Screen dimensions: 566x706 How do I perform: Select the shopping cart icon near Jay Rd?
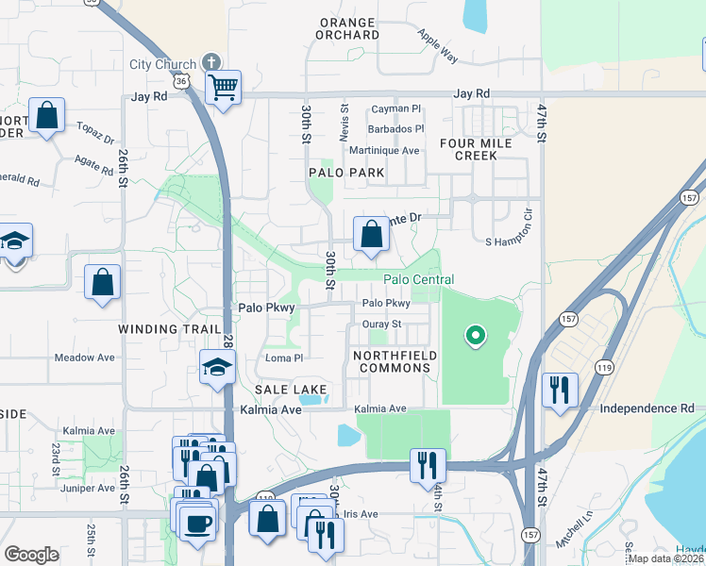(224, 89)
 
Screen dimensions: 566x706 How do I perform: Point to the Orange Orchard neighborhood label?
(349, 28)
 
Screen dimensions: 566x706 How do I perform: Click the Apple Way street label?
(439, 46)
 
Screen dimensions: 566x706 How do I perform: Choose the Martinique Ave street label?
(384, 150)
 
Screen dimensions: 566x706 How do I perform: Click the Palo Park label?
(346, 173)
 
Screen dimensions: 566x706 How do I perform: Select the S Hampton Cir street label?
(510, 242)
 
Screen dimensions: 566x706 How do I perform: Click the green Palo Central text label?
(418, 279)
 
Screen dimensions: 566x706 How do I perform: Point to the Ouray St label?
(383, 325)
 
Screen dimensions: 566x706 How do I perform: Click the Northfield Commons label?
(392, 361)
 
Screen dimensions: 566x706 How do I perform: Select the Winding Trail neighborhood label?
(161, 329)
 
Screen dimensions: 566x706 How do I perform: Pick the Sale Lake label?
(290, 390)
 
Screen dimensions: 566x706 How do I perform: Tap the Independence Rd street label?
(647, 408)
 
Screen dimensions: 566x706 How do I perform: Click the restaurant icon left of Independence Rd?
(561, 390)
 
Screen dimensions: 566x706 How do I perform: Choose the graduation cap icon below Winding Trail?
(217, 368)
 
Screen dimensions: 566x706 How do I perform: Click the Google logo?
(31, 555)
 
